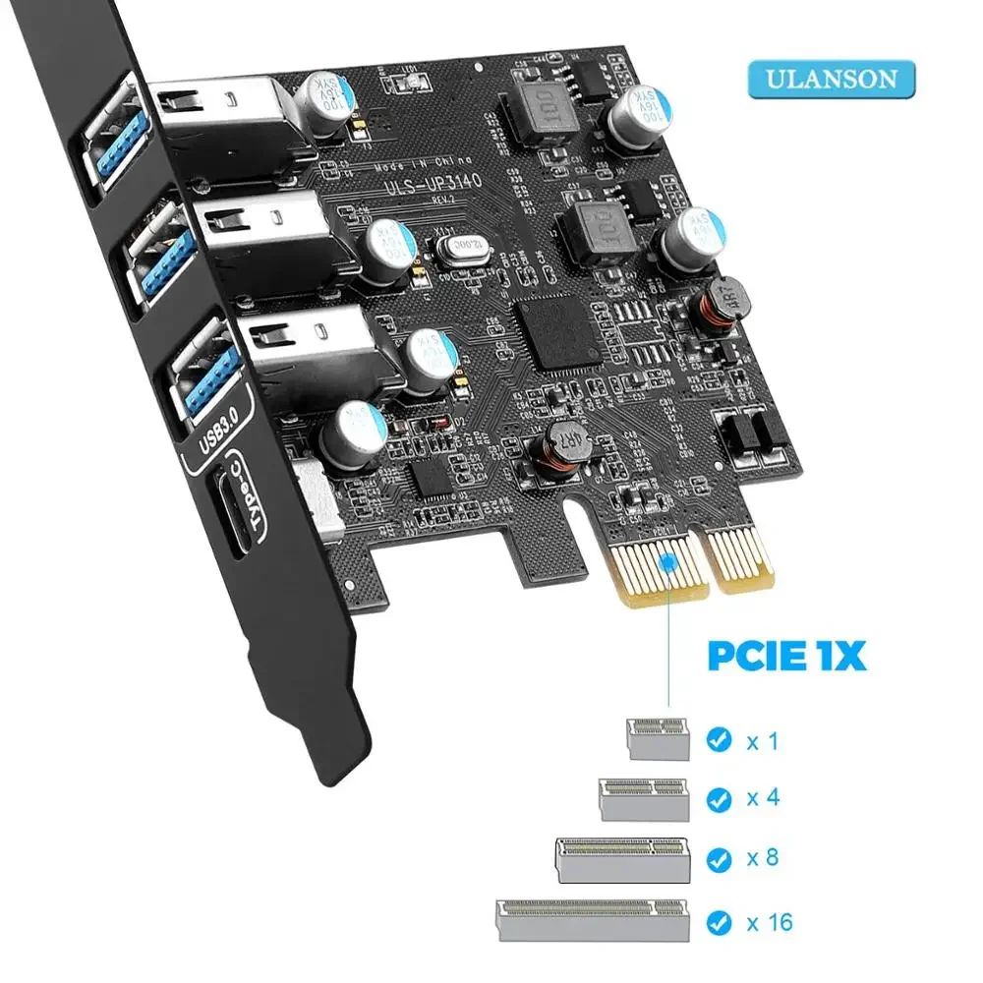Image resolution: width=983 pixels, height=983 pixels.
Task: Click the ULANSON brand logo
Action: coord(831,79)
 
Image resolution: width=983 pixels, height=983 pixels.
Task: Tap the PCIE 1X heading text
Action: coord(787,656)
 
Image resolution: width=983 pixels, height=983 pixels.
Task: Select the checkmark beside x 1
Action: coord(720,739)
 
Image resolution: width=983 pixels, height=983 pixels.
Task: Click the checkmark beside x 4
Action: coord(720,797)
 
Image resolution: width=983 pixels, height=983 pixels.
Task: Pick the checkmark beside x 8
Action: coord(720,858)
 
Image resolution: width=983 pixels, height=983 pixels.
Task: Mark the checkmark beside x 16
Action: coord(720,922)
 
